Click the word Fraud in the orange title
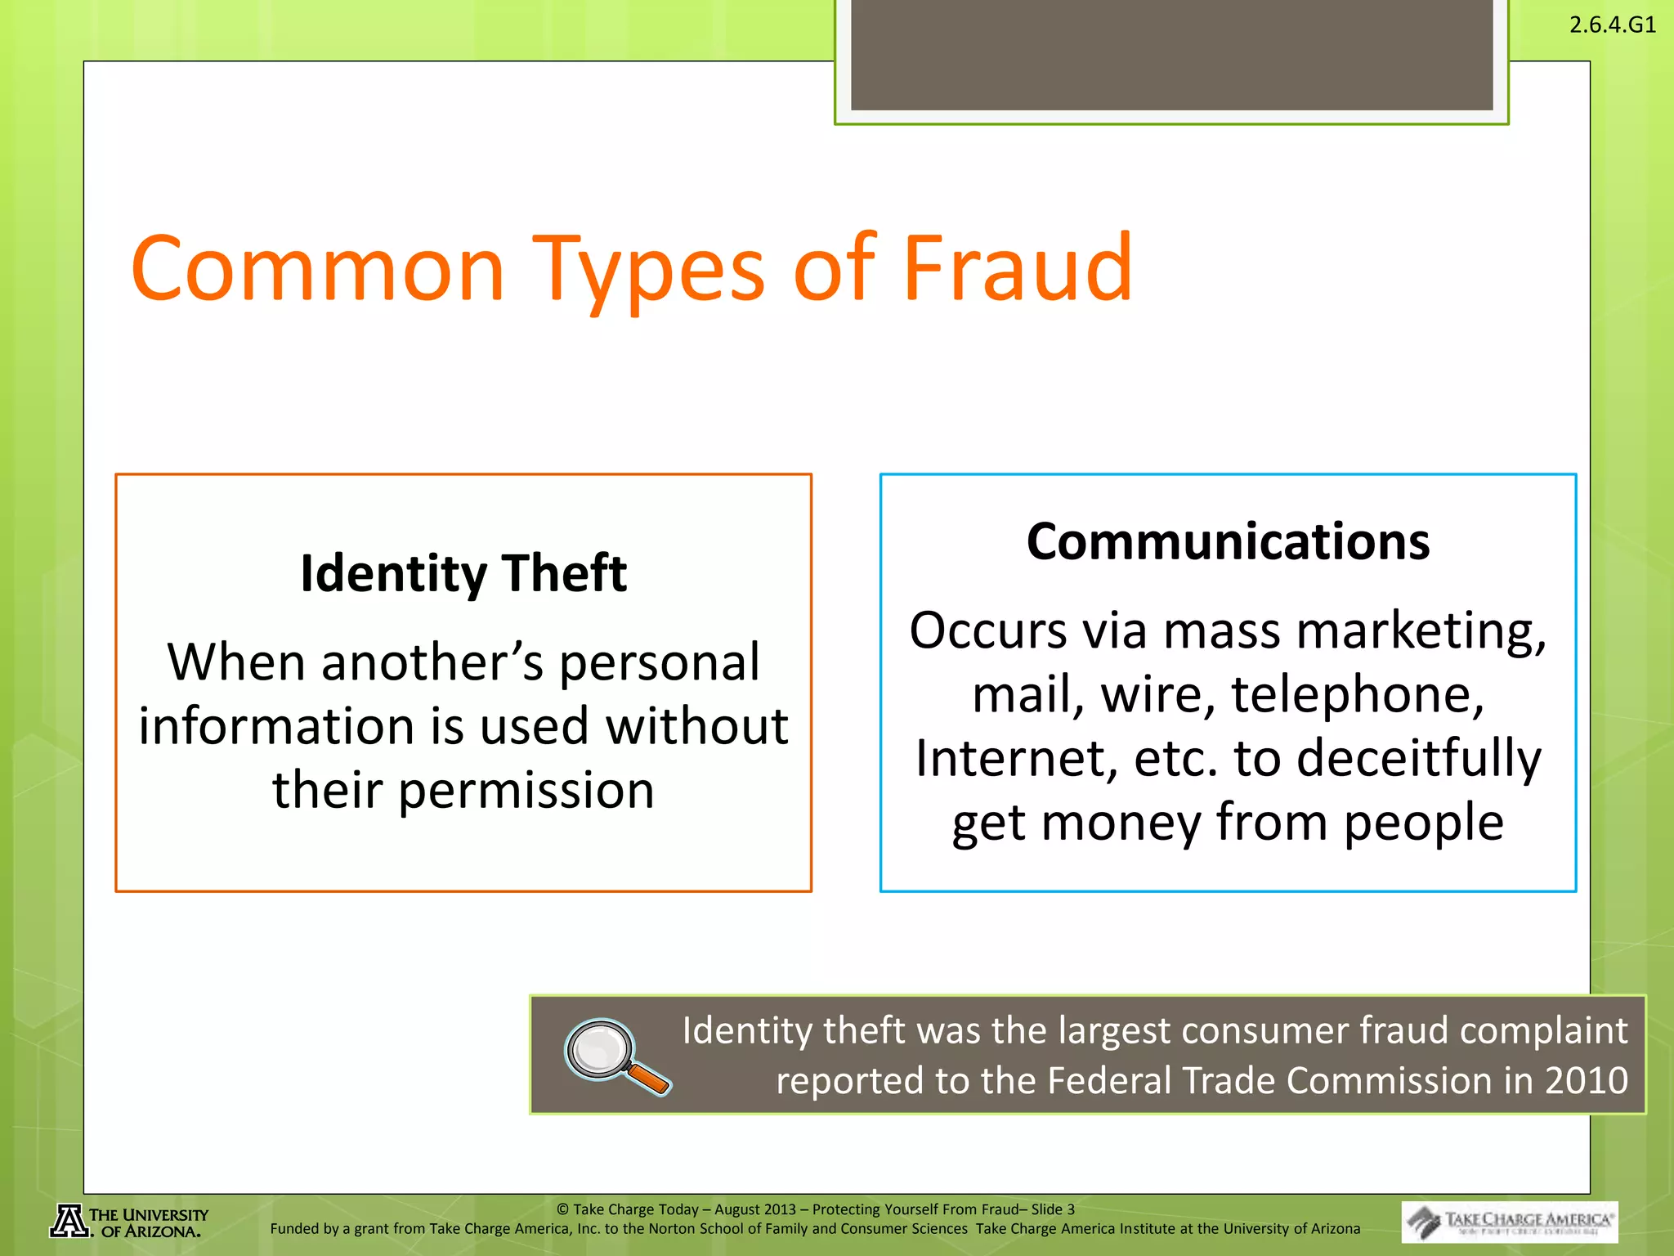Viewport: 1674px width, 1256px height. (1018, 268)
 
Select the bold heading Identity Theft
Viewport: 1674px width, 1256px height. (463, 573)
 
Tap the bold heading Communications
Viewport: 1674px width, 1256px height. (1228, 541)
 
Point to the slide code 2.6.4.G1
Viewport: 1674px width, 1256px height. (1612, 25)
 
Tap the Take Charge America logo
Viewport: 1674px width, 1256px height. (1509, 1222)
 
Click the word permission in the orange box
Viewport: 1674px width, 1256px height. (526, 791)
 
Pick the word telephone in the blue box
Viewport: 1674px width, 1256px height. (1357, 694)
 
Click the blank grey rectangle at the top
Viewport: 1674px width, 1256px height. (1171, 55)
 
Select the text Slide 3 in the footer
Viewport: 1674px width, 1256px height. (1053, 1209)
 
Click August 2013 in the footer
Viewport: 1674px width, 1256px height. (754, 1209)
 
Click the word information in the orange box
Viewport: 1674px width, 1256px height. (277, 727)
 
